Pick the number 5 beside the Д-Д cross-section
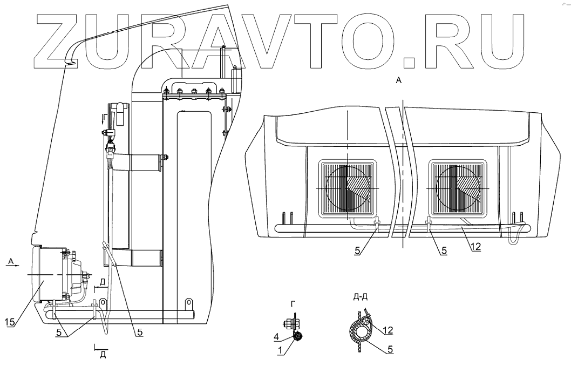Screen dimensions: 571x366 (389, 350)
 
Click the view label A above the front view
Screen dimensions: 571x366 (398, 80)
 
